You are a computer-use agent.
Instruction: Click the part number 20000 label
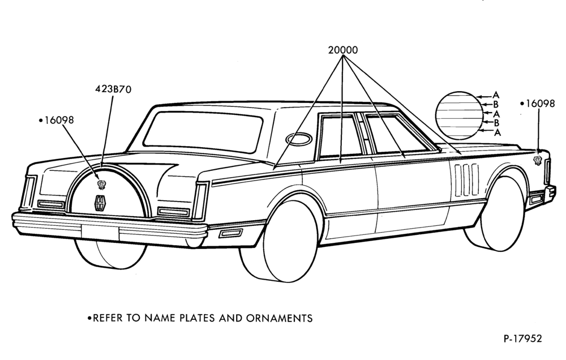click(x=343, y=50)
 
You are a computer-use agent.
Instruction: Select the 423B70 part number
click(x=113, y=89)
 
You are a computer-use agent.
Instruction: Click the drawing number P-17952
click(x=522, y=338)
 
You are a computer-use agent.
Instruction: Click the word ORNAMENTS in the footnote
click(x=280, y=318)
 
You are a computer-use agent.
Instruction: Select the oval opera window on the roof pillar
click(x=299, y=139)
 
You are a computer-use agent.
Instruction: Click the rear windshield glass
click(x=203, y=131)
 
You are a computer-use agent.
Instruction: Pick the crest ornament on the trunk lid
click(x=102, y=185)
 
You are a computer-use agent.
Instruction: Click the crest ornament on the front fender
click(x=538, y=160)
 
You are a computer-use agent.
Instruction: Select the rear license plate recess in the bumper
click(x=100, y=232)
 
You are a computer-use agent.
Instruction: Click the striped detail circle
click(x=458, y=115)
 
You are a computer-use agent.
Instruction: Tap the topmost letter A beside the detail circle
click(x=496, y=95)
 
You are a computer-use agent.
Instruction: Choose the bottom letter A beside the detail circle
click(x=498, y=132)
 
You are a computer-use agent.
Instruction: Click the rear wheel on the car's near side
click(x=280, y=241)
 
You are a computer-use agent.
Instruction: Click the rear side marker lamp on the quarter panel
click(x=230, y=233)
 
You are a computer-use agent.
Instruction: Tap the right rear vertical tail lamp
click(x=201, y=201)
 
